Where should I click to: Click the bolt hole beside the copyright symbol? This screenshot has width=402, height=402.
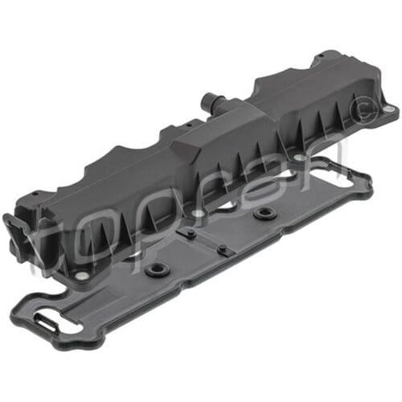click(388, 109)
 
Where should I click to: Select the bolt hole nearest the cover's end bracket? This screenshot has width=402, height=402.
click(81, 277)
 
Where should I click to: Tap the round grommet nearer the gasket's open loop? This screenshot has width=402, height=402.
click(263, 212)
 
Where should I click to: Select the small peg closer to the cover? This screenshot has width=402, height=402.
click(190, 233)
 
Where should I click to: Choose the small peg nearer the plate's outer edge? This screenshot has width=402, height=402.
click(223, 250)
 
